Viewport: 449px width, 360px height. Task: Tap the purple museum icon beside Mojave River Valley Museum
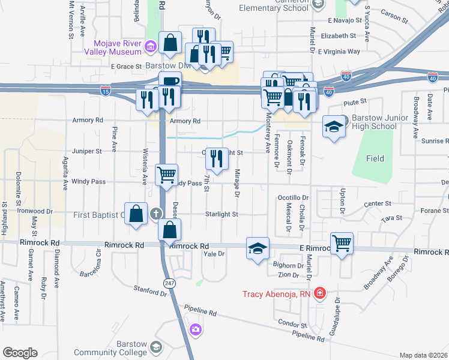(150, 46)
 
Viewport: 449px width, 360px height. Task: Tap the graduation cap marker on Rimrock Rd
(258, 248)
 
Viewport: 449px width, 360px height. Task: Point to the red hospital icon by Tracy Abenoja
(320, 293)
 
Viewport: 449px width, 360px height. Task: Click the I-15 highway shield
(105, 91)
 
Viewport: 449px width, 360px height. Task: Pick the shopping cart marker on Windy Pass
(166, 175)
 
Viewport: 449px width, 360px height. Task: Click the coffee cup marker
(169, 83)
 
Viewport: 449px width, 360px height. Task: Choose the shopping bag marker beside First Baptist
(136, 214)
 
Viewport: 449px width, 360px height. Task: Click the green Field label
(375, 158)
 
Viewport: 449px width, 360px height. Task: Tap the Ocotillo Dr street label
(292, 197)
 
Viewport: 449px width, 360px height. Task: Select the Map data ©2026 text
(423, 355)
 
